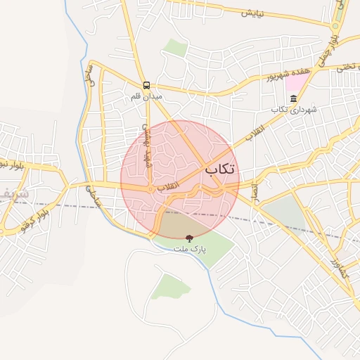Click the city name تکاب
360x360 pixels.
pos(220,169)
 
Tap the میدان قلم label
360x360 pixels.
pos(147,96)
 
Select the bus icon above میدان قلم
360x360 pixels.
pos(146,84)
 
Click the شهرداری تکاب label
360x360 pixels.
pos(290,110)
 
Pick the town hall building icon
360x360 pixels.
pos(292,98)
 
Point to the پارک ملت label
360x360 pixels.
pos(188,250)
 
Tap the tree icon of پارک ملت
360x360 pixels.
pos(188,239)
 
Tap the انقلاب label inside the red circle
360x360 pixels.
pos(167,188)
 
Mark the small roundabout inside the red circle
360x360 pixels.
pos(150,188)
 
